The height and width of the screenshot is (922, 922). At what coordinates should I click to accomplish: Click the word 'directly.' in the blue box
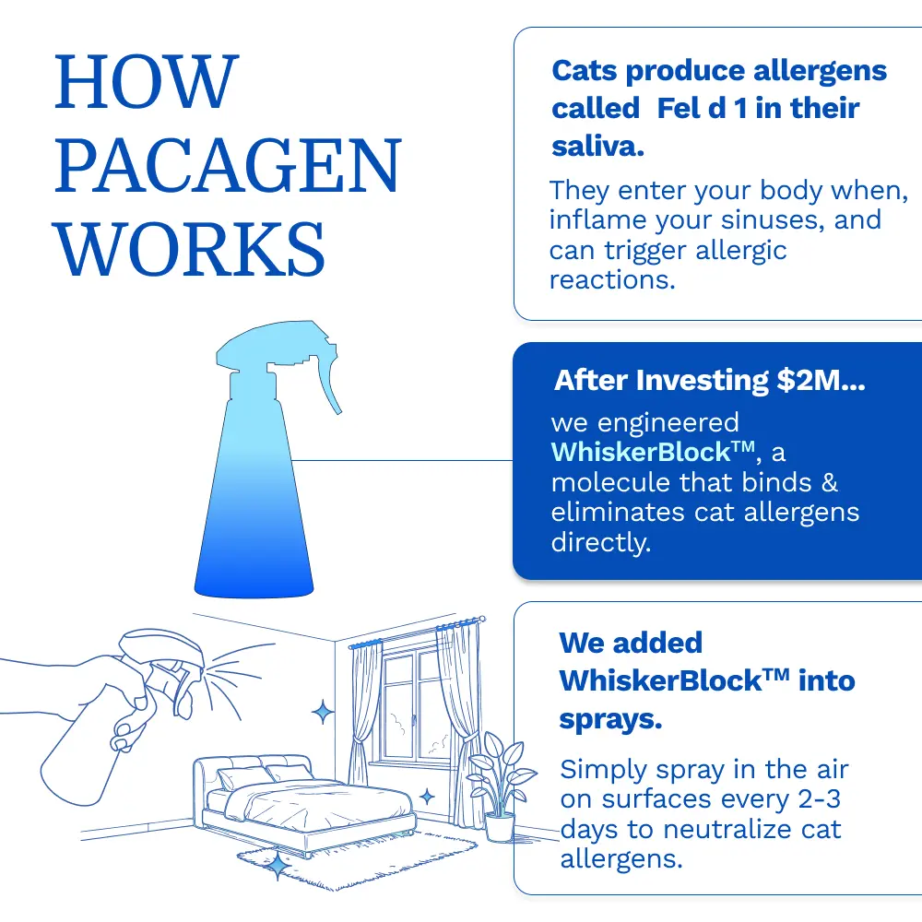pyautogui.click(x=601, y=541)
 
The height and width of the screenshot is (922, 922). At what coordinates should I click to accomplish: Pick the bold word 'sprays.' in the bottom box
pyautogui.click(x=610, y=719)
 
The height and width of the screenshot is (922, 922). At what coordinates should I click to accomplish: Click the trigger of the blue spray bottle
pyautogui.click(x=327, y=387)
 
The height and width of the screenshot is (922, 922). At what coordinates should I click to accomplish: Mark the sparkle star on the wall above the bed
pyautogui.click(x=323, y=711)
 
